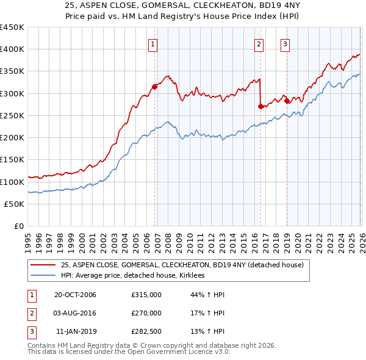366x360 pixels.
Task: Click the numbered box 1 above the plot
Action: [152, 43]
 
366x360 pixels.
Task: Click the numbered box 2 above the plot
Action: [259, 43]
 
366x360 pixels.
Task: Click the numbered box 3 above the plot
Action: [285, 43]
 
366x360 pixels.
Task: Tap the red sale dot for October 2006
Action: [155, 87]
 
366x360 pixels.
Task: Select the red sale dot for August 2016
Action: [260, 106]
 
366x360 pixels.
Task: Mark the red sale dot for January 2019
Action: [287, 101]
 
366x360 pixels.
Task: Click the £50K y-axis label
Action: [15, 204]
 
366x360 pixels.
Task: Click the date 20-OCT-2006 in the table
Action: [75, 295]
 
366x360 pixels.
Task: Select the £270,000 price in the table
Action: [146, 313]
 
